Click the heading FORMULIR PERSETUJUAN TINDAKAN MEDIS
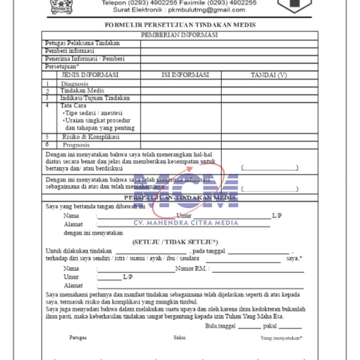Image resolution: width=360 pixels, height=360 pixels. [x=180, y=25]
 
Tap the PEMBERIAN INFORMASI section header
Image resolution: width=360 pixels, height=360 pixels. [x=179, y=35]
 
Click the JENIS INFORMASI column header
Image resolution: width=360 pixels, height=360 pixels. [x=90, y=75]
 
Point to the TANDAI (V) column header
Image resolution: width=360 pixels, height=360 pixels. [x=269, y=75]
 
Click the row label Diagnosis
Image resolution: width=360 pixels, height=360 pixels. [x=74, y=84]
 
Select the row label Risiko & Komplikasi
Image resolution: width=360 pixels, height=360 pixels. [x=90, y=137]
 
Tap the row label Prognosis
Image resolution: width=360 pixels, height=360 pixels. [x=76, y=145]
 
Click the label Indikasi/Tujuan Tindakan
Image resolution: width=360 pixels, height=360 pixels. [x=95, y=98]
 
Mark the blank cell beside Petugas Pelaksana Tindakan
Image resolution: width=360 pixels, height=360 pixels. [x=229, y=44]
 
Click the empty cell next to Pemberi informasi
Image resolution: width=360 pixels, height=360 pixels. [x=229, y=51]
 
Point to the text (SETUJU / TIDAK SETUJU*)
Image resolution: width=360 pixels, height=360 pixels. [x=175, y=242]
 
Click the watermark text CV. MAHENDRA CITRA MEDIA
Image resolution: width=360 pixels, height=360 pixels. [x=186, y=223]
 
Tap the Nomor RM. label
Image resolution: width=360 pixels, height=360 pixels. [x=192, y=269]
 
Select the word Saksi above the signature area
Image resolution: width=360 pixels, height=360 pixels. [x=179, y=337]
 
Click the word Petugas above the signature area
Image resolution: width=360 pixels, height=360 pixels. [x=78, y=338]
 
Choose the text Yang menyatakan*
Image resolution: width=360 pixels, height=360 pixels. [x=281, y=338]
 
